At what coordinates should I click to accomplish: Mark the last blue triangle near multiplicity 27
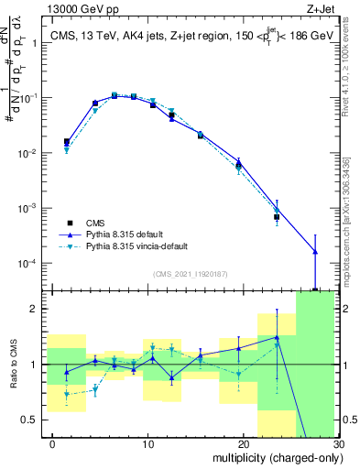click(315, 251)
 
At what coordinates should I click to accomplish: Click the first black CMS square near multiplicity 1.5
click(67, 142)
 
